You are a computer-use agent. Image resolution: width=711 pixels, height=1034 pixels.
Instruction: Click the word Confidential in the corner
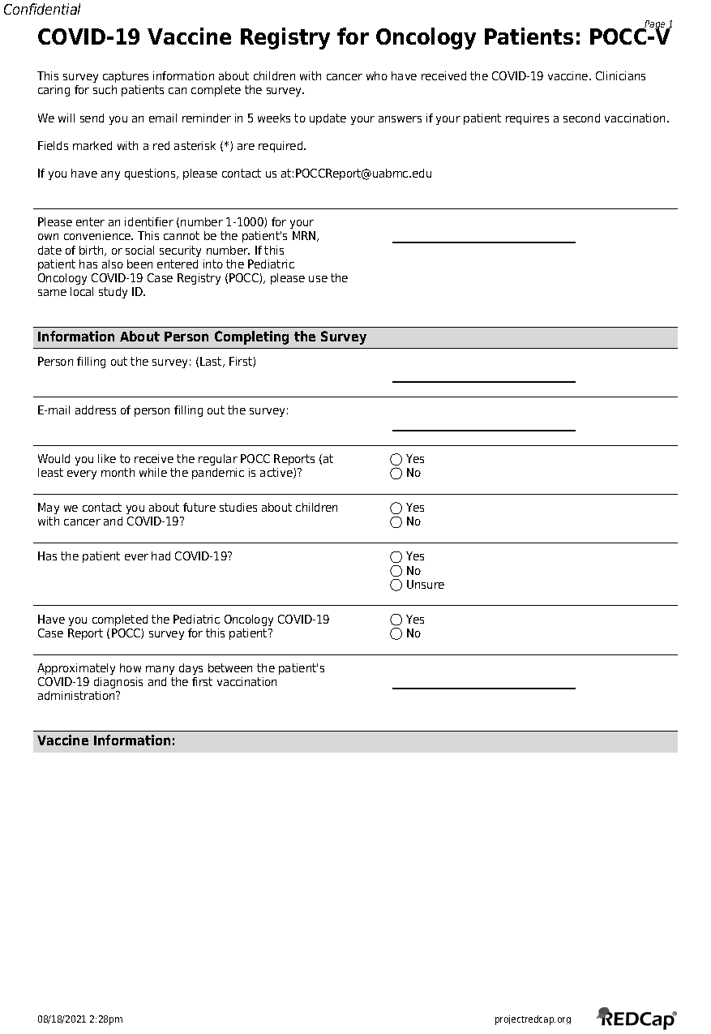42,10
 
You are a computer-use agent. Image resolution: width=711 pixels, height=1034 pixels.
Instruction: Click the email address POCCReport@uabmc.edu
363,174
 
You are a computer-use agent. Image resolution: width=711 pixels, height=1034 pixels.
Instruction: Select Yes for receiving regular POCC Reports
396,460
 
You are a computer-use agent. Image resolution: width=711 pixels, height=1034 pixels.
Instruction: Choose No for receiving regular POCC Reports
396,474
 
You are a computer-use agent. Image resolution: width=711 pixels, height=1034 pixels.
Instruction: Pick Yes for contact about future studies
396,508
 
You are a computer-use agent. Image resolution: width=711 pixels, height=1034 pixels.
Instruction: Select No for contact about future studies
396,522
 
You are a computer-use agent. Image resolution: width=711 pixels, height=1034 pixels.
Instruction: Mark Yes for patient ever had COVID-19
396,557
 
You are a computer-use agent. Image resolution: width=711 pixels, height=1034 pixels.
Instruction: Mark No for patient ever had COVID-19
396,571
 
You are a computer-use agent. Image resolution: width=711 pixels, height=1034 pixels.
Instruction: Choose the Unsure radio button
396,585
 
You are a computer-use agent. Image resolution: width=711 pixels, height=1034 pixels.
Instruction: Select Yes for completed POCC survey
396,620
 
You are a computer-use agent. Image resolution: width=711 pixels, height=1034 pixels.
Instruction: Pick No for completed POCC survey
396,634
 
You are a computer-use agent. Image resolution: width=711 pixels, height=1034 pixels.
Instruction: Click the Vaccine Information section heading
106,741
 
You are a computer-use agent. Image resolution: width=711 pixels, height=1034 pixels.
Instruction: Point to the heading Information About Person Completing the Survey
202,337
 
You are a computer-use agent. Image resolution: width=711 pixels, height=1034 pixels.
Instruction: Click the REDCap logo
637,1018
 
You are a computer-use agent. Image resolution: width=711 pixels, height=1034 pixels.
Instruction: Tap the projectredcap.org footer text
533,1019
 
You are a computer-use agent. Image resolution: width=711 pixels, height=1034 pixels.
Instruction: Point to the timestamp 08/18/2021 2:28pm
80,1019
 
